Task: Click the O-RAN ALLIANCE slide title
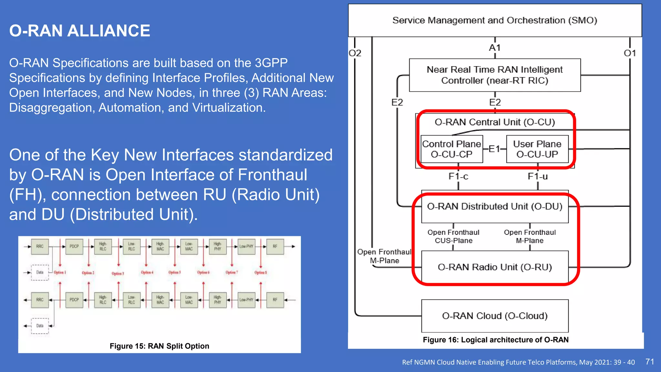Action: [79, 31]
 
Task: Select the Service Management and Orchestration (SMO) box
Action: [494, 20]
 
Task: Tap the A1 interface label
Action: [494, 48]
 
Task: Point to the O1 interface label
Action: [630, 53]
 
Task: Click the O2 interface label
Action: [355, 53]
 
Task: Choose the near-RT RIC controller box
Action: [494, 75]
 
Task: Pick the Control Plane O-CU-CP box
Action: [452, 149]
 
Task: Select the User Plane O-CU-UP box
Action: [537, 149]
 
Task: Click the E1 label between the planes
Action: [494, 149]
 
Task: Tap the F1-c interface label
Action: [458, 176]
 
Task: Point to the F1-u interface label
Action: [537, 176]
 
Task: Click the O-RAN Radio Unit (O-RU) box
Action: [494, 267]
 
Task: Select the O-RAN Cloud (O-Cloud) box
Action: [494, 315]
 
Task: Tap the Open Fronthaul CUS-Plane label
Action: [453, 236]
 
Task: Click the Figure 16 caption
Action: [495, 340]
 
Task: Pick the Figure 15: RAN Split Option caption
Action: [159, 346]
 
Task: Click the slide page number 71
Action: [650, 362]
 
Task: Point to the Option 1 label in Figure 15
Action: [60, 272]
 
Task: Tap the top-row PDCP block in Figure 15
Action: [74, 246]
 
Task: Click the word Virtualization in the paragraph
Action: [228, 108]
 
